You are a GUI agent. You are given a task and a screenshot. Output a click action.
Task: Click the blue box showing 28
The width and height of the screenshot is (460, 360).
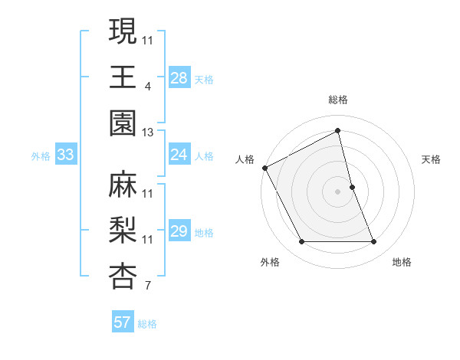(x=179, y=77)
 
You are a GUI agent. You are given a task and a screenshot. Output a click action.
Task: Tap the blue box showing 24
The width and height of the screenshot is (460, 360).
(x=179, y=155)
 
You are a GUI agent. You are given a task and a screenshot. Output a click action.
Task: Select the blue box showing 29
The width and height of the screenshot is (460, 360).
(x=179, y=231)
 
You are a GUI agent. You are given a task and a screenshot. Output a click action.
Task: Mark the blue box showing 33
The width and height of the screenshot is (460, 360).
(x=65, y=155)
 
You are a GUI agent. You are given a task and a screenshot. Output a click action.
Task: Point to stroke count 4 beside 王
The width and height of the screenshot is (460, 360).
(x=148, y=87)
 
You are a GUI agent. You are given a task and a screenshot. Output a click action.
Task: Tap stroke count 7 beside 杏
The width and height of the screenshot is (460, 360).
(x=148, y=287)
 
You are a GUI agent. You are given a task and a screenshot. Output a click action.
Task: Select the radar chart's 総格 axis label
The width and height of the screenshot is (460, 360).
(x=338, y=100)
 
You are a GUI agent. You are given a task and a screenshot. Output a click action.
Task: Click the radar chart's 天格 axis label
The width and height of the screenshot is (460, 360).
(x=432, y=159)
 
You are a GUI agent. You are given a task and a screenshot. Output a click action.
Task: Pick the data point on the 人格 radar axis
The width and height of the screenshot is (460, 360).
(x=265, y=168)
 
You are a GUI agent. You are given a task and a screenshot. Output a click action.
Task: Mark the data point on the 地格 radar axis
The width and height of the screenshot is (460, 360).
(x=374, y=242)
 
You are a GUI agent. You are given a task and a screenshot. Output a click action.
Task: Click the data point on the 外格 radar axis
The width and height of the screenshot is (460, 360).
(x=301, y=242)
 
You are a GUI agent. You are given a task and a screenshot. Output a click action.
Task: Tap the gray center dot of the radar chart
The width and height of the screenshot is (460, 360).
(x=338, y=191)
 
